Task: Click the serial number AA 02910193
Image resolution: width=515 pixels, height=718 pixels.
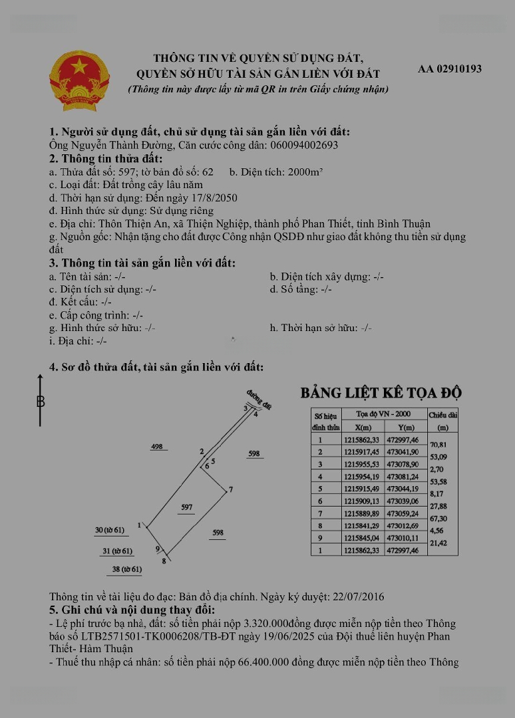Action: point(450,68)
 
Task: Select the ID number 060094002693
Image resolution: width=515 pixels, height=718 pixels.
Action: point(303,145)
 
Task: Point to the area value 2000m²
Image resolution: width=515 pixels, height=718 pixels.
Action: point(305,172)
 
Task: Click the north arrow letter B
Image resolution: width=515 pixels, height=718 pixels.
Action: point(41,402)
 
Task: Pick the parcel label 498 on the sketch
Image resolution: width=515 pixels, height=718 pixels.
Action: point(158,447)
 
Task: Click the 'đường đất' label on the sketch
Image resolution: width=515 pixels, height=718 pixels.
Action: point(259,397)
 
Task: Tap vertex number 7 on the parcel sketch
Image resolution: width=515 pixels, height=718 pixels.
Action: point(230,490)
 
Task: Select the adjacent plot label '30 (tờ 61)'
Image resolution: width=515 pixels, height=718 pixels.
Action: point(110,530)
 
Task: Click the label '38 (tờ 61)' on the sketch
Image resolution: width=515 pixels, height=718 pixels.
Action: point(126,569)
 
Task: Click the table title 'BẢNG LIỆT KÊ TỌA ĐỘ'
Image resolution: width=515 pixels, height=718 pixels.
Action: point(381,393)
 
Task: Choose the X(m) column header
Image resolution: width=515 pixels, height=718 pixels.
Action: point(363,427)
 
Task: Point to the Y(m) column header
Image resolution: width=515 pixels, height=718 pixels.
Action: point(405,427)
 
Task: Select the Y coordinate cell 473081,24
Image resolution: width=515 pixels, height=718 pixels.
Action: point(405,477)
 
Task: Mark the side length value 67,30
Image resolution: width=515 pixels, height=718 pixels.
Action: point(439,519)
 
